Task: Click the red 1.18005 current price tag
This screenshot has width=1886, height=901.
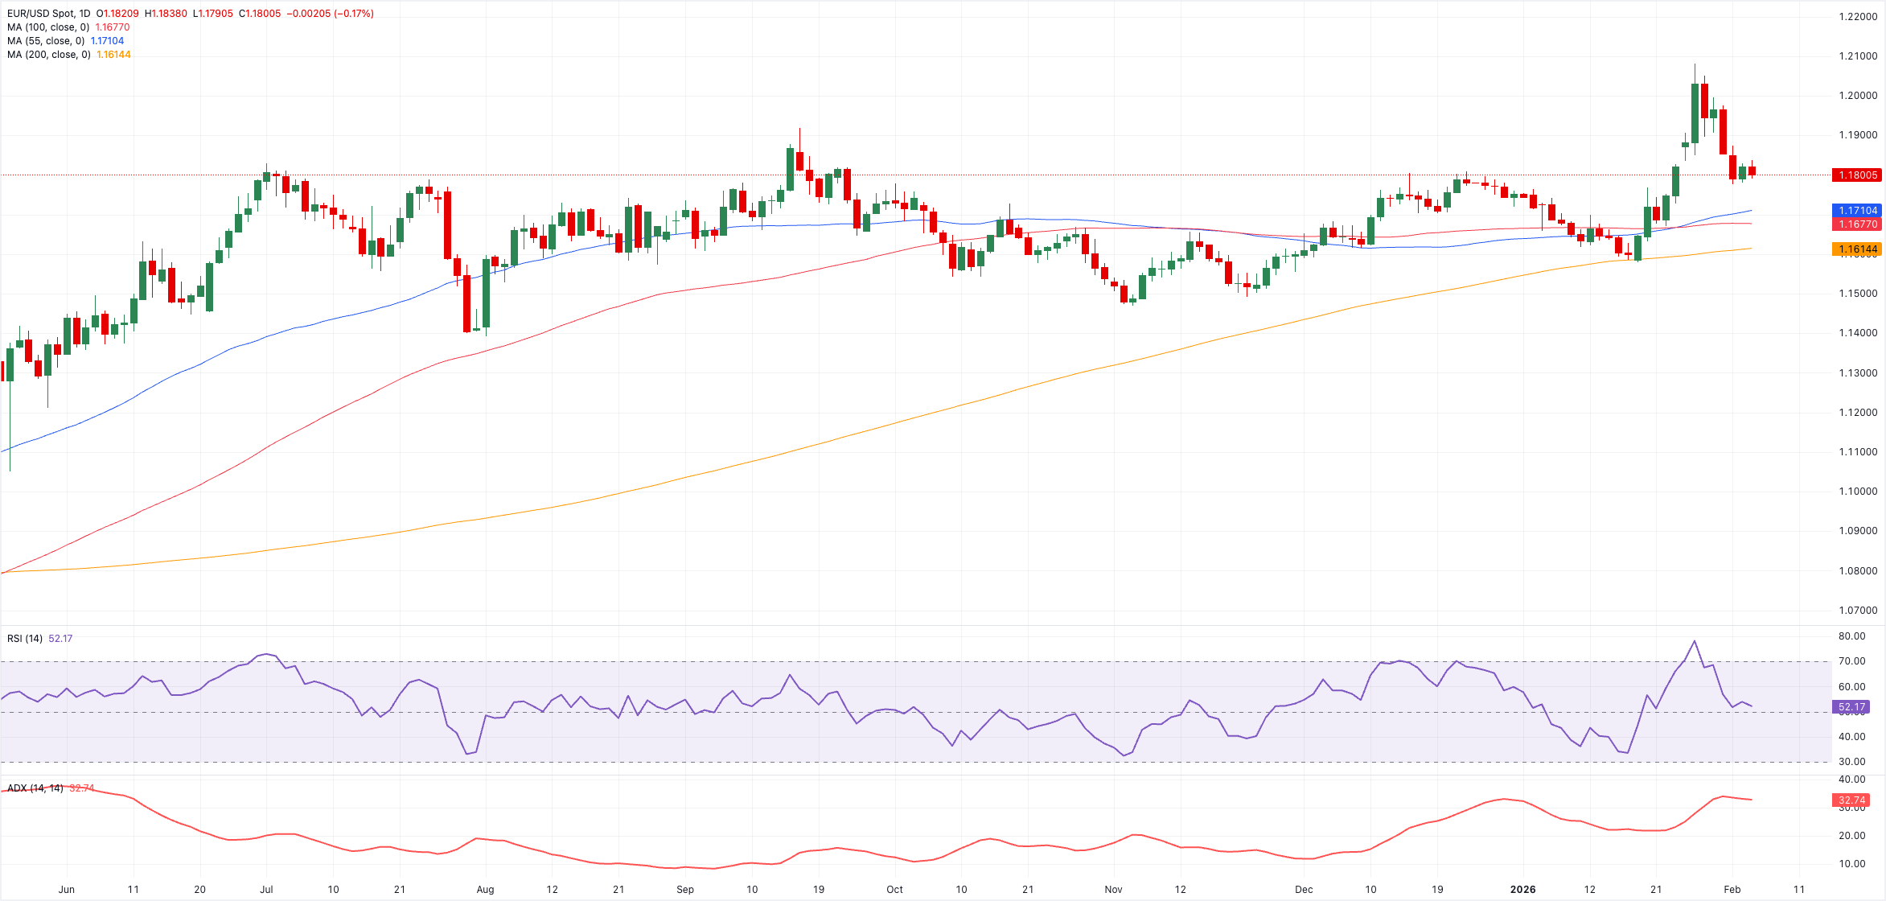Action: coord(1855,175)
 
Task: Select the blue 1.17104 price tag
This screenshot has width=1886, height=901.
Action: coord(1855,210)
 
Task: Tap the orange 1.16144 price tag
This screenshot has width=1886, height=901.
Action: coord(1855,249)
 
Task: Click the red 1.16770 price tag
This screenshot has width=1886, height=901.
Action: coord(1855,224)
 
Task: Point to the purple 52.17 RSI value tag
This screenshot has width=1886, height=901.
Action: coord(1851,707)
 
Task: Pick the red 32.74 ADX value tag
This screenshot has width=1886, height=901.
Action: coord(1851,800)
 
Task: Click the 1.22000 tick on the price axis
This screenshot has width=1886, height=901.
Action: coord(1858,17)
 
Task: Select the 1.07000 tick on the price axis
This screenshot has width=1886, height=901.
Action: coord(1858,611)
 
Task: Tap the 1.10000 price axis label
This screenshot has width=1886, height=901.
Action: coord(1858,492)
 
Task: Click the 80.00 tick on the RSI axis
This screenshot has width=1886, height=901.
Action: coord(1852,636)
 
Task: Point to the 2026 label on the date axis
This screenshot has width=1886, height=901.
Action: coord(1522,890)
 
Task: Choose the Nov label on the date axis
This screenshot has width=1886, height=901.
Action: coord(1113,890)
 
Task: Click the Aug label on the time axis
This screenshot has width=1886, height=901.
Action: coord(485,890)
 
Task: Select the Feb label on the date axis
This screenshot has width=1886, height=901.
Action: coord(1732,890)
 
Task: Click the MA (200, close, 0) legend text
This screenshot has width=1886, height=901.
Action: coord(48,55)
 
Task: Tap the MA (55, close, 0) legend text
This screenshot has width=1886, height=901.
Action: coord(46,41)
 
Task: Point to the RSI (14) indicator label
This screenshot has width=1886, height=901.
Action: coord(25,639)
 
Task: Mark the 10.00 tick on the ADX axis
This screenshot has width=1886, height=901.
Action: coord(1852,864)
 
